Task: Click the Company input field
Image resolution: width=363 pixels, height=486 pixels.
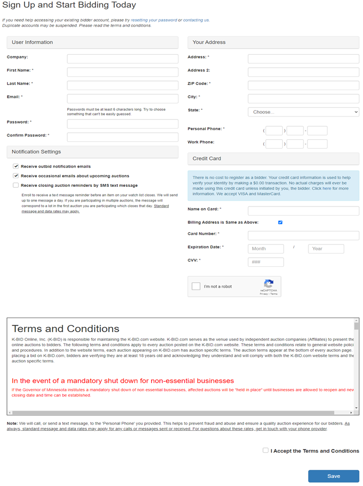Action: pos(122,59)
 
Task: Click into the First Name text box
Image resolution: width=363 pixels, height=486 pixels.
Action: pos(122,72)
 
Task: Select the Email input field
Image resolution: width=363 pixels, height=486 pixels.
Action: pos(122,98)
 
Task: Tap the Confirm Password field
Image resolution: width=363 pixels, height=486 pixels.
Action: pos(122,137)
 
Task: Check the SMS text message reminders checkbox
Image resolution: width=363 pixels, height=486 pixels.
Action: pos(16,185)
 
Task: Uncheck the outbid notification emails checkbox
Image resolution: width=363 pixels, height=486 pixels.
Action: pos(16,166)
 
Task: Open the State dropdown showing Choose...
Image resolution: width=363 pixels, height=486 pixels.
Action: pos(303,112)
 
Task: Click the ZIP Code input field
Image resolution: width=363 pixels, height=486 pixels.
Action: pos(303,85)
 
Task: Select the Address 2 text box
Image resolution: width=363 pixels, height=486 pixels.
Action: pos(303,72)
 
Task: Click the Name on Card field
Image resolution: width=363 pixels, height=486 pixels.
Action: pos(303,211)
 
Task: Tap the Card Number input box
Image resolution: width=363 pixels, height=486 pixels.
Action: pos(303,235)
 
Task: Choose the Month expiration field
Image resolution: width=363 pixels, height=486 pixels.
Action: pos(266,249)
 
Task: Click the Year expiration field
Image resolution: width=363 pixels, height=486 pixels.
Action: pos(326,249)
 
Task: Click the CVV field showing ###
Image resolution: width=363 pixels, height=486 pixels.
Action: pos(266,262)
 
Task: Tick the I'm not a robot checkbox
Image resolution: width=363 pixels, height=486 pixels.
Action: pos(196,287)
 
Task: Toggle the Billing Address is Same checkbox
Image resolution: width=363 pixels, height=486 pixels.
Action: pos(280,222)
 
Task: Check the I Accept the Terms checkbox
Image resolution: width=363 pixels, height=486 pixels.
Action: pos(265,450)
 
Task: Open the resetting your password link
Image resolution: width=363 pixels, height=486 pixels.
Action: pos(154,20)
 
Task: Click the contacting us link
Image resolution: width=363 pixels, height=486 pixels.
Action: pos(196,20)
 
